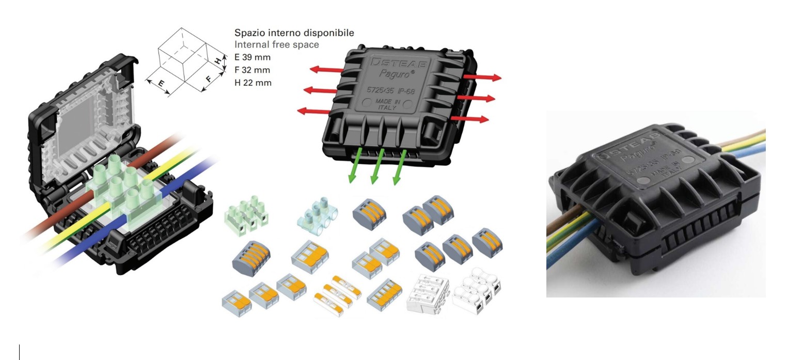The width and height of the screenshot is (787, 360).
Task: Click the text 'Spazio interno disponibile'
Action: [294, 33]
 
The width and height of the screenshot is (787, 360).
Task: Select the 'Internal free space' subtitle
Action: [276, 45]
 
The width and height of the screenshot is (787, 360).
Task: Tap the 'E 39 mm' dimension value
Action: [252, 57]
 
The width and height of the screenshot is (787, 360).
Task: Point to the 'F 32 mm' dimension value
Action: [252, 70]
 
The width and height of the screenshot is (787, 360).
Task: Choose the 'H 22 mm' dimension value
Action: [253, 83]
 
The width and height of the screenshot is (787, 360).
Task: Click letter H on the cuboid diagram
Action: [218, 60]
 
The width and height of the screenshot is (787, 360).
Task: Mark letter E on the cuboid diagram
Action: [161, 83]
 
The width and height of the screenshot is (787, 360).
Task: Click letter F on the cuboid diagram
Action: [209, 79]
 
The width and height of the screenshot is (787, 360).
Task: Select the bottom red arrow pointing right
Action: [469, 119]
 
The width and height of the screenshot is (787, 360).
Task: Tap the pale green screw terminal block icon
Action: [247, 212]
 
